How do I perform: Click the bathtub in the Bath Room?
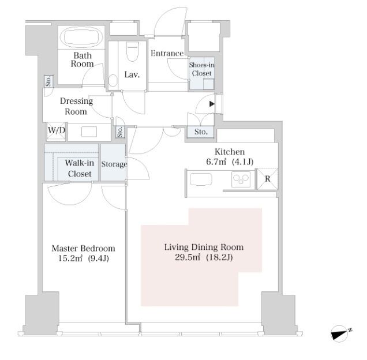(81, 37)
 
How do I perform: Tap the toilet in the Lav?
(132, 51)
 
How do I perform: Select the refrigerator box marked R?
(267, 179)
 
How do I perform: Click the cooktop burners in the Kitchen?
(241, 179)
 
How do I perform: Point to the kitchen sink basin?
(201, 179)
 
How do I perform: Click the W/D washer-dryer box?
(56, 132)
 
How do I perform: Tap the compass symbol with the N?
(340, 333)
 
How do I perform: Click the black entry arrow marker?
(212, 104)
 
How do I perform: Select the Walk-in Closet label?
(80, 168)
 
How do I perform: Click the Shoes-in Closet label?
(201, 69)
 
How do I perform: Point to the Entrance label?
(167, 54)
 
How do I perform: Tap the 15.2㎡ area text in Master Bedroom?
(70, 258)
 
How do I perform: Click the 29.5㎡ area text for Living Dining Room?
(188, 257)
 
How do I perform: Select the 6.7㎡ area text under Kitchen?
(216, 162)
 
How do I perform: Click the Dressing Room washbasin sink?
(89, 132)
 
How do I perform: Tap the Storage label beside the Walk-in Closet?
(114, 164)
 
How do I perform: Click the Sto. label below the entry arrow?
(201, 132)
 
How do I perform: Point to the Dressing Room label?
(76, 106)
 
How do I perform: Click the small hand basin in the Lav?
(113, 80)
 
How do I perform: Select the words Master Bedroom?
(83, 248)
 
